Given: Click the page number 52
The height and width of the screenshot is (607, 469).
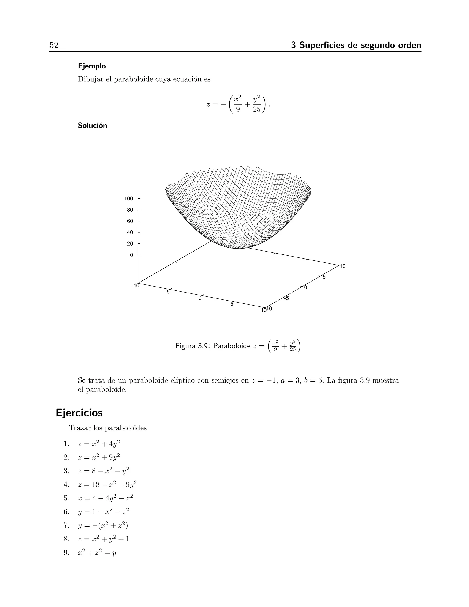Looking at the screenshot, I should (54, 45).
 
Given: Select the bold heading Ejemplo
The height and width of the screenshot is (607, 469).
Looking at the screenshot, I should (92, 66).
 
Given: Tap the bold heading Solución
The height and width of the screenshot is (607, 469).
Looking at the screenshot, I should (92, 125).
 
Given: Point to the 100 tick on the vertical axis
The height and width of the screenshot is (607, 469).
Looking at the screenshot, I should (129, 199).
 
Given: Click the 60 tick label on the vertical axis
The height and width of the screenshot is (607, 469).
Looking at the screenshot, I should (130, 221).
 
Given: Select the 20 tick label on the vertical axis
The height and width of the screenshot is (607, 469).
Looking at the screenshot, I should (130, 244).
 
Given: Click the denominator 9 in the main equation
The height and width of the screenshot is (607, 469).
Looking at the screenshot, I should (237, 109).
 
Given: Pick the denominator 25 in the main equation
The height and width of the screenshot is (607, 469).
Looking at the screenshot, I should (256, 109).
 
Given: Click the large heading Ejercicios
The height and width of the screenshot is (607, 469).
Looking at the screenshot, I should (79, 413).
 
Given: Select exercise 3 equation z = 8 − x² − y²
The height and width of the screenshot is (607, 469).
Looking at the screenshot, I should (103, 470).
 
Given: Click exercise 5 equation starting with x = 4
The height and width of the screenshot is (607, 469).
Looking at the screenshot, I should (105, 498).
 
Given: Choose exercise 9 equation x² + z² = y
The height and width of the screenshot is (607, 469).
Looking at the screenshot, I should (97, 552).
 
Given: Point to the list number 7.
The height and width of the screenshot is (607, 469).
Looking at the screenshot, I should (66, 525).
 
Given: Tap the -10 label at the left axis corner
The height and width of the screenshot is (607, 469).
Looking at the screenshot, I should (135, 286).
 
